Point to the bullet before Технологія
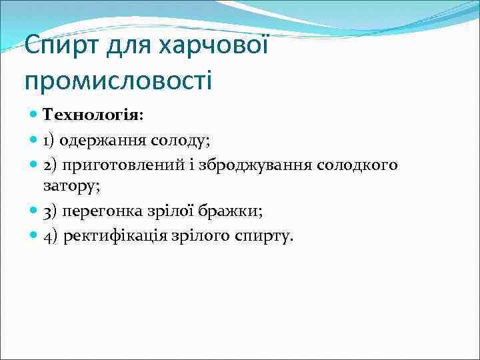(x=34, y=116)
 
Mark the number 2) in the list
(x=51, y=164)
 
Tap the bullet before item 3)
(x=34, y=211)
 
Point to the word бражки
(x=235, y=211)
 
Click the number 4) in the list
(x=51, y=237)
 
